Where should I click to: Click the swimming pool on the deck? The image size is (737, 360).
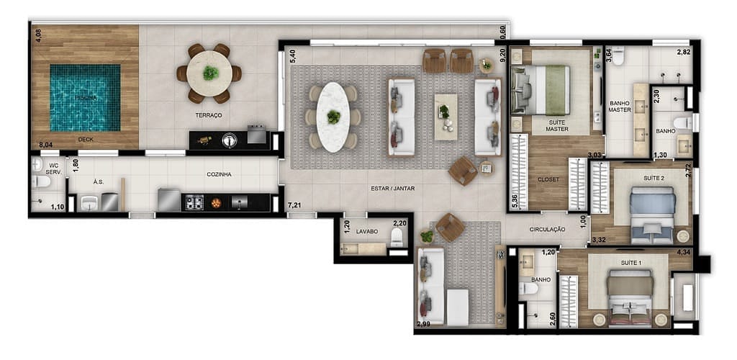[85, 98]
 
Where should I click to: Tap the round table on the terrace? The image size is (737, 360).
[209, 73]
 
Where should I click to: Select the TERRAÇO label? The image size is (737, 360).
[208, 115]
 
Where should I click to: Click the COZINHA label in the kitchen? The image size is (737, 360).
[219, 174]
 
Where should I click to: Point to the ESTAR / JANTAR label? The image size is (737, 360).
[394, 189]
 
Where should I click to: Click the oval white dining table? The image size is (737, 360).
[332, 117]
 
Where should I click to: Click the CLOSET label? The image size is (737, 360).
[548, 179]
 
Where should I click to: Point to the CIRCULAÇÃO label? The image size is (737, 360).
[547, 230]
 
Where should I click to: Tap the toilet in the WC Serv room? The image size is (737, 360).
[41, 181]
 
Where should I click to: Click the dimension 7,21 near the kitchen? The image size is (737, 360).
[294, 206]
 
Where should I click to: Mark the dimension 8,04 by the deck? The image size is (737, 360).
[47, 145]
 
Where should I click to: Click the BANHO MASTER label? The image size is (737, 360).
[619, 106]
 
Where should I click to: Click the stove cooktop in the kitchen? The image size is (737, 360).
[195, 203]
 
